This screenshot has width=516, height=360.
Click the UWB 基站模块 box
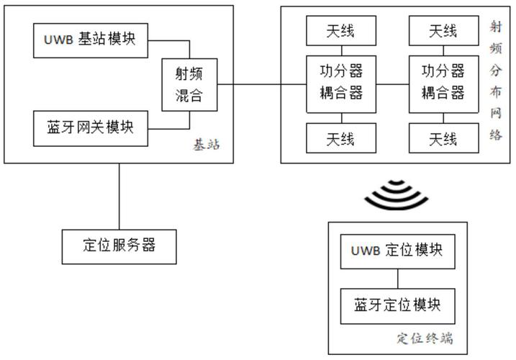tap(90, 40)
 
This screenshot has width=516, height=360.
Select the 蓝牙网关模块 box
tap(90, 127)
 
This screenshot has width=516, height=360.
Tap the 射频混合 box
tap(189, 85)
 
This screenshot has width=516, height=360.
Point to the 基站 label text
tap(205, 145)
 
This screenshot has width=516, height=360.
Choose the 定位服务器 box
tap(119, 246)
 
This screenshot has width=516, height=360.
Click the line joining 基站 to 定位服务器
tap(119, 196)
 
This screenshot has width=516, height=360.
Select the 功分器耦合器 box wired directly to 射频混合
tap(340, 83)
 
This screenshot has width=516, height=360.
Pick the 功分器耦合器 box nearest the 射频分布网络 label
tap(443, 83)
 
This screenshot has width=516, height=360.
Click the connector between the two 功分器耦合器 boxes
tap(391, 84)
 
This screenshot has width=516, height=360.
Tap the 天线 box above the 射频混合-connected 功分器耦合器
tap(340, 31)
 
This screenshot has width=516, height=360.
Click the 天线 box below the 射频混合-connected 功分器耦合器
tap(340, 138)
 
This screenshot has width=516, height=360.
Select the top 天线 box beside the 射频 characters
tap(443, 31)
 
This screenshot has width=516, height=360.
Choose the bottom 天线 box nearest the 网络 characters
tap(443, 138)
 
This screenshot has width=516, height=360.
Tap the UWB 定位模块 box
tap(397, 251)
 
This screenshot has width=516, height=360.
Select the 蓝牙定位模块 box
tap(397, 305)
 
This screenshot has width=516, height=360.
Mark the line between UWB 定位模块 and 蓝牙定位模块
tap(397, 278)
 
